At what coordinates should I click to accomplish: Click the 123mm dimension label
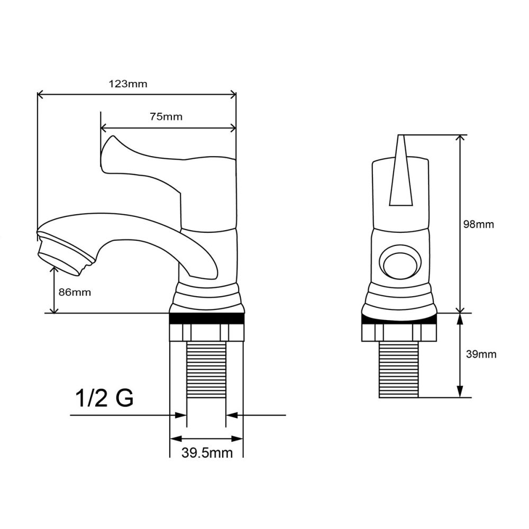click(127, 84)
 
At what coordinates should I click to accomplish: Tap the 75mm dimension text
click(166, 117)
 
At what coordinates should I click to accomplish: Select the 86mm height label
click(75, 292)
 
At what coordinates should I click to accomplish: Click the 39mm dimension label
click(481, 354)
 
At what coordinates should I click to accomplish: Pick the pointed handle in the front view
click(400, 172)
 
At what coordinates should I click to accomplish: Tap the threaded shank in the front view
click(399, 369)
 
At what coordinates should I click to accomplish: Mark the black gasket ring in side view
click(206, 318)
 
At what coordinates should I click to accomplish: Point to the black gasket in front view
click(399, 318)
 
